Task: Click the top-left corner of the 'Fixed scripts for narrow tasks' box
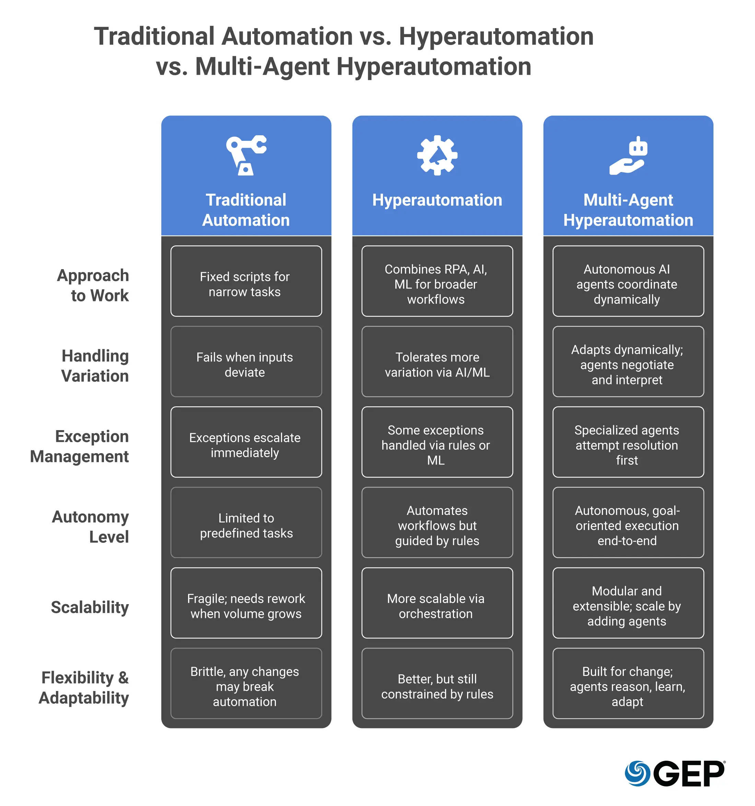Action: [x=171, y=246]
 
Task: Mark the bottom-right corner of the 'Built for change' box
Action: [x=704, y=718]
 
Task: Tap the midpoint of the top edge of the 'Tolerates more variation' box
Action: [x=437, y=326]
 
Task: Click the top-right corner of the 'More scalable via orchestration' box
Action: [x=513, y=568]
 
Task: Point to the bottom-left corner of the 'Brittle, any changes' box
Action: [x=171, y=718]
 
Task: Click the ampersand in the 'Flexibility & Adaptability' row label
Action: [x=123, y=678]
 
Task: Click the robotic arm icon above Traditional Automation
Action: [x=246, y=155]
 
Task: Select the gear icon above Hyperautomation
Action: [x=437, y=155]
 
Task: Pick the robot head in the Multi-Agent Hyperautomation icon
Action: [x=638, y=146]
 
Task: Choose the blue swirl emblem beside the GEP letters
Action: [x=637, y=774]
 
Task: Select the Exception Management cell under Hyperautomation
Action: [x=437, y=442]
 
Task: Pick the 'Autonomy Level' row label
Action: [x=90, y=527]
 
